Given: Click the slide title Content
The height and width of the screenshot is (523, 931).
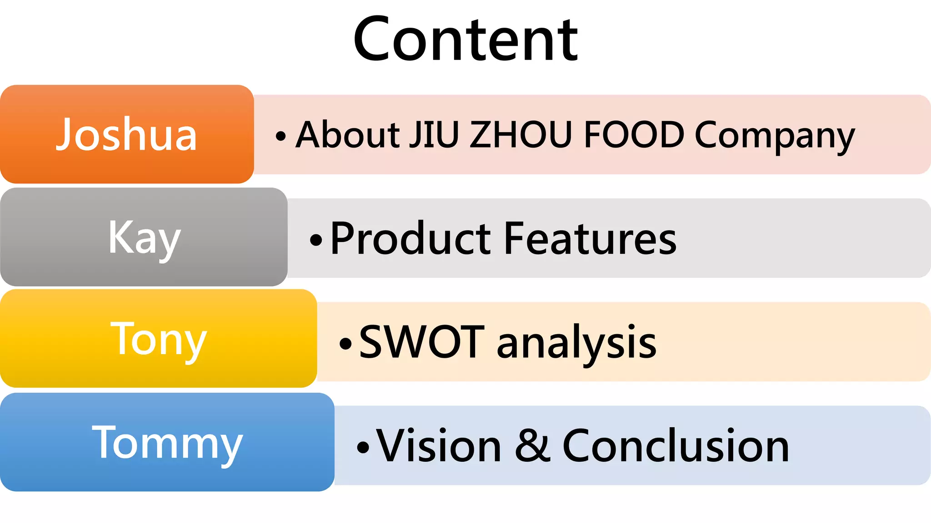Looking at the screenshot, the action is point(465,39).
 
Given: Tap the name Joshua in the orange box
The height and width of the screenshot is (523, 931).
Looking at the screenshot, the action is point(126,134).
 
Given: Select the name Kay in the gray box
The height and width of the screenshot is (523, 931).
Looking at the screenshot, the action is point(145,239).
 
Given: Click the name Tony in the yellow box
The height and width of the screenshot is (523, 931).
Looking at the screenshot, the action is point(159,340).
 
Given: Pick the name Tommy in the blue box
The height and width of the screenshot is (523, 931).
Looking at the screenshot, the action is point(167,444).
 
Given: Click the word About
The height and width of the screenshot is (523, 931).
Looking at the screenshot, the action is point(348,134).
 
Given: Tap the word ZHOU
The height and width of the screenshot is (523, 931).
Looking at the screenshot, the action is point(521,135).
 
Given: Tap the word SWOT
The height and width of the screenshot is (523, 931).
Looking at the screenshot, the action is point(421,342).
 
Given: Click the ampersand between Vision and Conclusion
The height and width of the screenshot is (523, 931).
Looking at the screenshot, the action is point(532,445).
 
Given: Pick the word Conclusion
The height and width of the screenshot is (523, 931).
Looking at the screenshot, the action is point(676,446).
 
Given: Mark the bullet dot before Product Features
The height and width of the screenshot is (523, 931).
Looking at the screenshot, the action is point(316,241).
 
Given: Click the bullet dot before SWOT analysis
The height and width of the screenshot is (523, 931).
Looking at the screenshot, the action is point(345,344).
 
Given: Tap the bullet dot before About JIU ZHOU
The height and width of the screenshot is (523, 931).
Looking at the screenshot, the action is point(281,136).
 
